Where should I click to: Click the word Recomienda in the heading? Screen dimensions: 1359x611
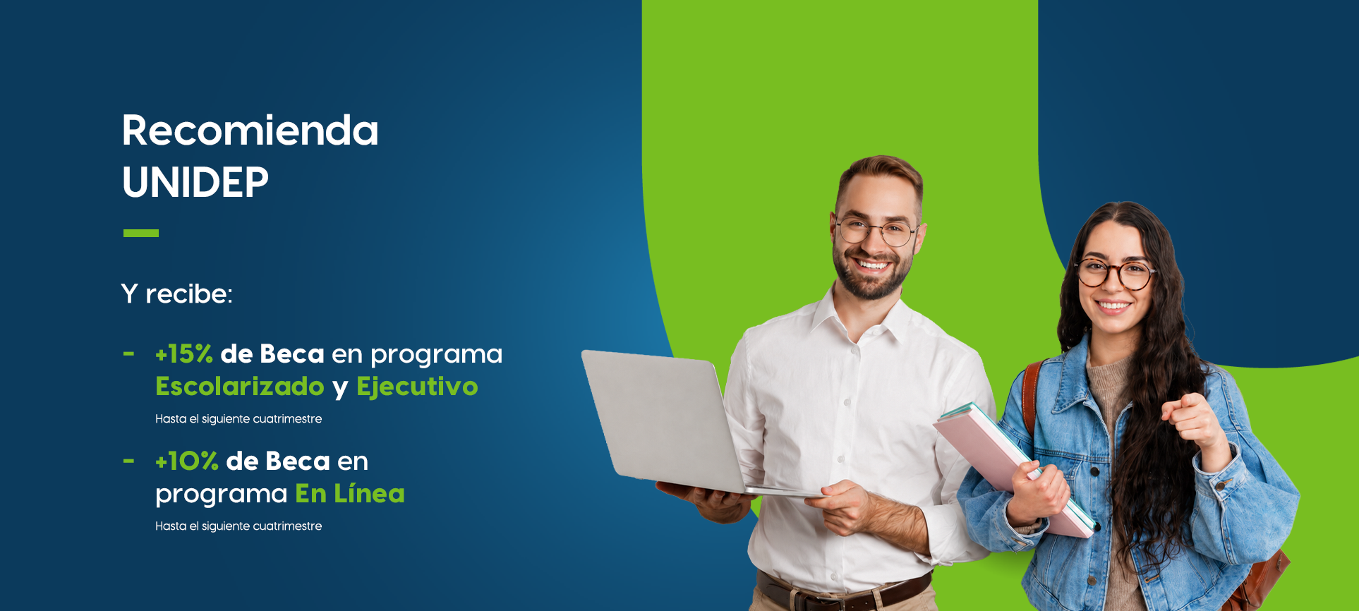250,131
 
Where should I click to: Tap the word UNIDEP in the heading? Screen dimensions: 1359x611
195,183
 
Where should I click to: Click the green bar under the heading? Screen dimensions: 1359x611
141,233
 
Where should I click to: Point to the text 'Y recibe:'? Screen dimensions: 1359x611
176,294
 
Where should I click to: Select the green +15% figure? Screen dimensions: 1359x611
184,354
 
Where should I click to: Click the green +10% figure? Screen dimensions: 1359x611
187,461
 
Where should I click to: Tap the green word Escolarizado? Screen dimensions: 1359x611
240,387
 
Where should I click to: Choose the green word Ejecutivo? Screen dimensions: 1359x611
417,387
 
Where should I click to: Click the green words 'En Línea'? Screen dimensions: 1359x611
350,493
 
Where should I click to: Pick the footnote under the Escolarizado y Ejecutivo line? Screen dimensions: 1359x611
238,419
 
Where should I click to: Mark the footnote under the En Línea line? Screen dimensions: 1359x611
238,526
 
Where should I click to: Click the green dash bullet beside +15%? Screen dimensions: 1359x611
128,354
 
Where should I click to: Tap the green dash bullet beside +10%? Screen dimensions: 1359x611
128,461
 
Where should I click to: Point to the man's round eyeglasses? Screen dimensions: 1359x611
876,231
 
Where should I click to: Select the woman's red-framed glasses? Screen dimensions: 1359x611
1115,274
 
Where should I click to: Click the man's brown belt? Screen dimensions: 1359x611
844,591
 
